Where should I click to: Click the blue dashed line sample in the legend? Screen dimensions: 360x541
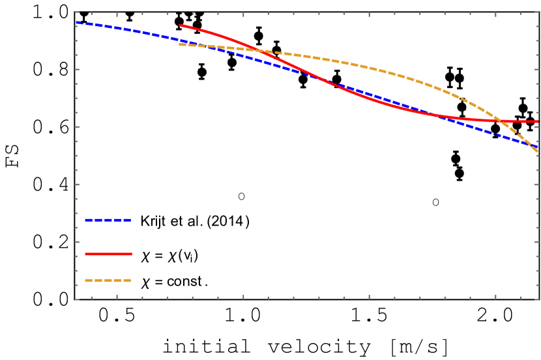pos(108,220)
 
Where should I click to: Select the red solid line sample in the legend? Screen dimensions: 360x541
pos(108,254)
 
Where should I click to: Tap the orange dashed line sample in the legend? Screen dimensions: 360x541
pos(108,280)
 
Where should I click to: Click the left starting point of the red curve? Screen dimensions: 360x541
pos(181,25)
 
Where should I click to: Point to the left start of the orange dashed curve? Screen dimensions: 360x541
pos(180,44)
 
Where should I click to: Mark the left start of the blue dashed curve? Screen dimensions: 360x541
pos(77,22)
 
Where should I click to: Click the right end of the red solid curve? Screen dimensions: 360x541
pos(538,121)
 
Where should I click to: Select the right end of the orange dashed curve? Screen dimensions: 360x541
pos(538,153)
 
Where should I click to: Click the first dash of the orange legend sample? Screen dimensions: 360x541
pos(89,280)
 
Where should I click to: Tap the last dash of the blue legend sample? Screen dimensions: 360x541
pos(128,220)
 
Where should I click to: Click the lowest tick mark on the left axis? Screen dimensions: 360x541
pos(77,299)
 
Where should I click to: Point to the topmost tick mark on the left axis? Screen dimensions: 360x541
pos(77,12)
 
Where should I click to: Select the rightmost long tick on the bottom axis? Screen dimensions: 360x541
pos(495,297)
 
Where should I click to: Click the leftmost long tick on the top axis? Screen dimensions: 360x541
pos(117,14)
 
